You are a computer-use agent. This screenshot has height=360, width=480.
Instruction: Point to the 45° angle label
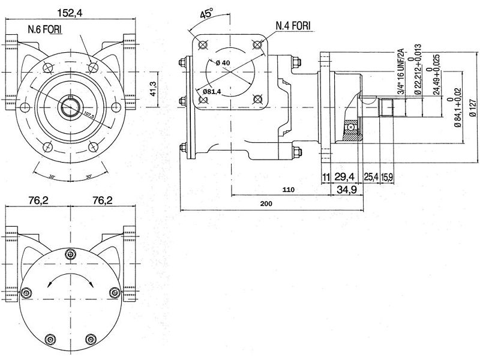[x=207, y=14]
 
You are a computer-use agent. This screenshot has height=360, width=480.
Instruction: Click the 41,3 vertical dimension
[x=152, y=89]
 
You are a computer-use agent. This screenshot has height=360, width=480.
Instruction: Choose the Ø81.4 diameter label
[x=213, y=91]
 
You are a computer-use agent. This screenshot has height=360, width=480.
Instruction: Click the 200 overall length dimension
[x=266, y=204]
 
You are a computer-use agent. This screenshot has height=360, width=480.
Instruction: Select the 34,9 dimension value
[x=346, y=190]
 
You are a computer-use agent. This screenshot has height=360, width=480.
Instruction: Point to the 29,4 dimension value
[x=344, y=176]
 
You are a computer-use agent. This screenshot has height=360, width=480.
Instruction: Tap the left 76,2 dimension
[x=38, y=200]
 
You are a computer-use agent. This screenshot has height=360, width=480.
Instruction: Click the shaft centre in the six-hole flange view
[x=71, y=107]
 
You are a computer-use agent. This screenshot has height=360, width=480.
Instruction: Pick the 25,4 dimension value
[x=371, y=176]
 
